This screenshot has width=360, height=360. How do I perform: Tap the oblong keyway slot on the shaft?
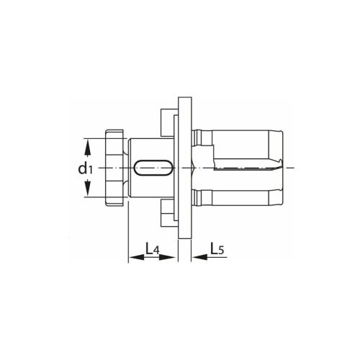(x=153, y=168)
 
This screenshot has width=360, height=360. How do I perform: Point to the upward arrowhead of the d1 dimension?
(x=89, y=145)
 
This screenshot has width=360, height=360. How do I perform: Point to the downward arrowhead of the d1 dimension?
(x=89, y=192)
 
